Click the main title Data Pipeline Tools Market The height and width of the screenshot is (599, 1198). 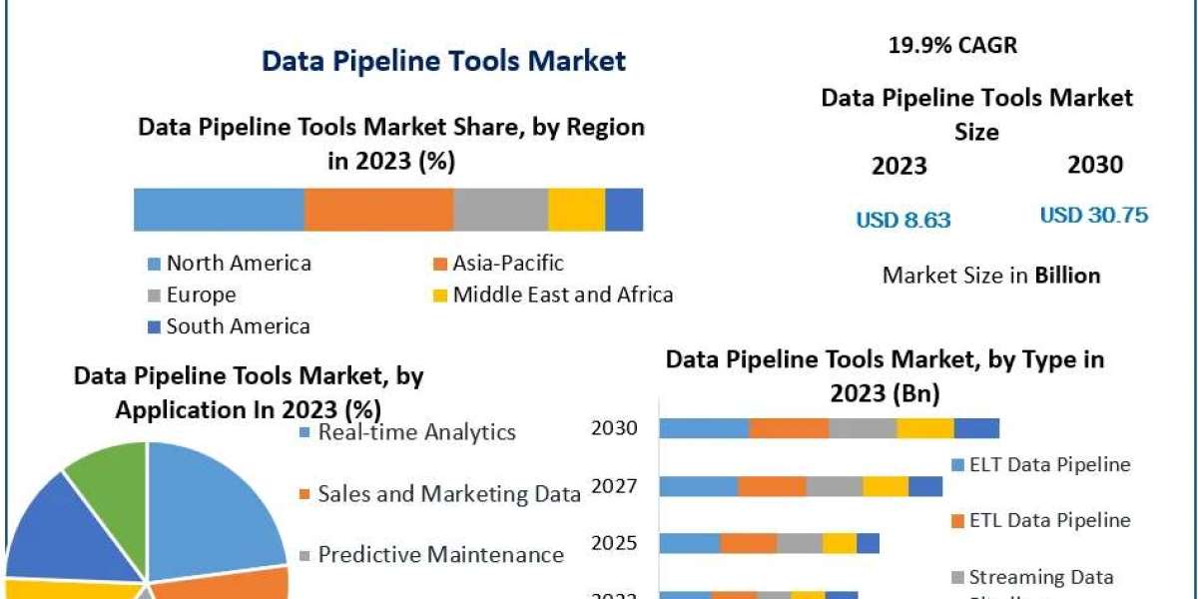443,61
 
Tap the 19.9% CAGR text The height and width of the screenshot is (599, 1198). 952,45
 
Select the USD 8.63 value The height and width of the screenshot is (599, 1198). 902,220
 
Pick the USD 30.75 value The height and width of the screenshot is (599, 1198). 1093,215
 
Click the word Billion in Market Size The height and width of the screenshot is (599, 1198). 1067,276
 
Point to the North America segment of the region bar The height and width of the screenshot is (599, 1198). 219,210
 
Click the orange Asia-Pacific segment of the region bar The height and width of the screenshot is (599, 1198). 378,210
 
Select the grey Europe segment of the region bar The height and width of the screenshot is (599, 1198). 500,210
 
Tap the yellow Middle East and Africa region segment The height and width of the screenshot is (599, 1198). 576,210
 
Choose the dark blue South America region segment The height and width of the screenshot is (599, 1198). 624,210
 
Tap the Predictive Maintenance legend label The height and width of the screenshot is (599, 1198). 440,555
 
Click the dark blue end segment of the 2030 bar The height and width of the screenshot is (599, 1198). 976,428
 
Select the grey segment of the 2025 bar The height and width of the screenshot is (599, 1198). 799,543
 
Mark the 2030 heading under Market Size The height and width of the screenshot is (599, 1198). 1095,165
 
